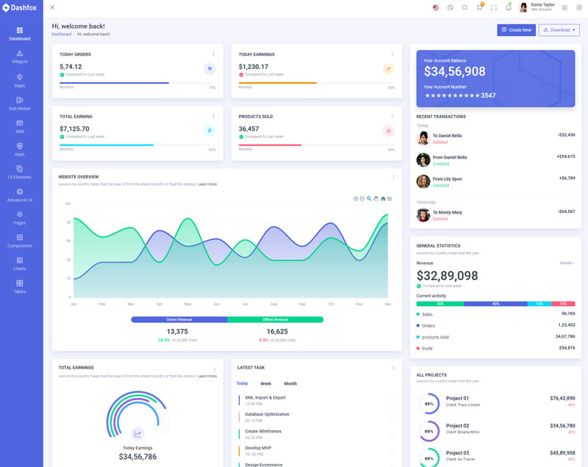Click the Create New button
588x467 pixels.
tap(516, 30)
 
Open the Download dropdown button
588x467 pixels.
tap(559, 30)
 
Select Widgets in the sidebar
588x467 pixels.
tap(20, 57)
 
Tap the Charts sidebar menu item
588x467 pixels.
tap(20, 264)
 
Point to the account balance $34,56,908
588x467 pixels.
tap(454, 71)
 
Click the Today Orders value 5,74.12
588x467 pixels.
tap(71, 67)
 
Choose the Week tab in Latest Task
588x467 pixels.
tap(265, 383)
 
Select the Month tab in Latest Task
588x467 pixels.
tap(290, 383)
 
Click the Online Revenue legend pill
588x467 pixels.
tap(179, 319)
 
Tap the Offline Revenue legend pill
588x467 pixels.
tap(275, 319)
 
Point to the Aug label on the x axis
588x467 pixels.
tap(273, 304)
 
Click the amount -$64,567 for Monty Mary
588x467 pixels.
tap(566, 211)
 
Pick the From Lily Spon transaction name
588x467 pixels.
tap(447, 178)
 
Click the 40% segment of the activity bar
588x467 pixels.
tap(495, 303)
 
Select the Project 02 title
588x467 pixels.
tap(457, 425)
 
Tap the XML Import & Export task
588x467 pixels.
tap(265, 397)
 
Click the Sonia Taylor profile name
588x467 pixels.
tap(542, 4)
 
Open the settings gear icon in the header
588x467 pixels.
tap(579, 7)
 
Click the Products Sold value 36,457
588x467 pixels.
tap(248, 128)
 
